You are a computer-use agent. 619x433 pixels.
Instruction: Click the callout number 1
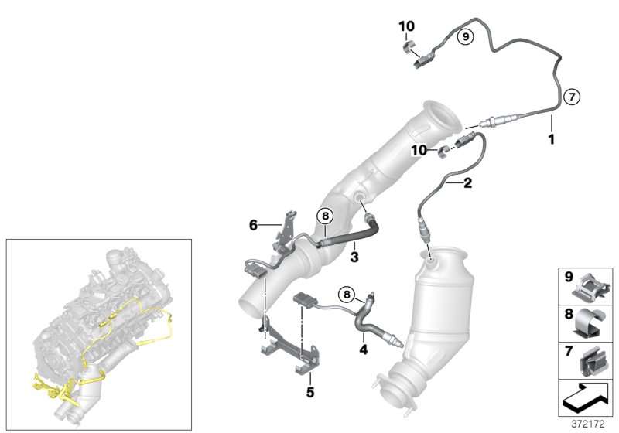[x=551, y=139]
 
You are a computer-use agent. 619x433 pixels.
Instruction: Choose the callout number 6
[x=252, y=226]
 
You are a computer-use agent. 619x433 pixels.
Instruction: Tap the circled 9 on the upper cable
[x=464, y=36]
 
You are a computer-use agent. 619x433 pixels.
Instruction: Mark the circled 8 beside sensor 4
[x=347, y=293]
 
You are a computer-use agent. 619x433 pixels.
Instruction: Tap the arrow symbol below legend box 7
[x=586, y=397]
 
